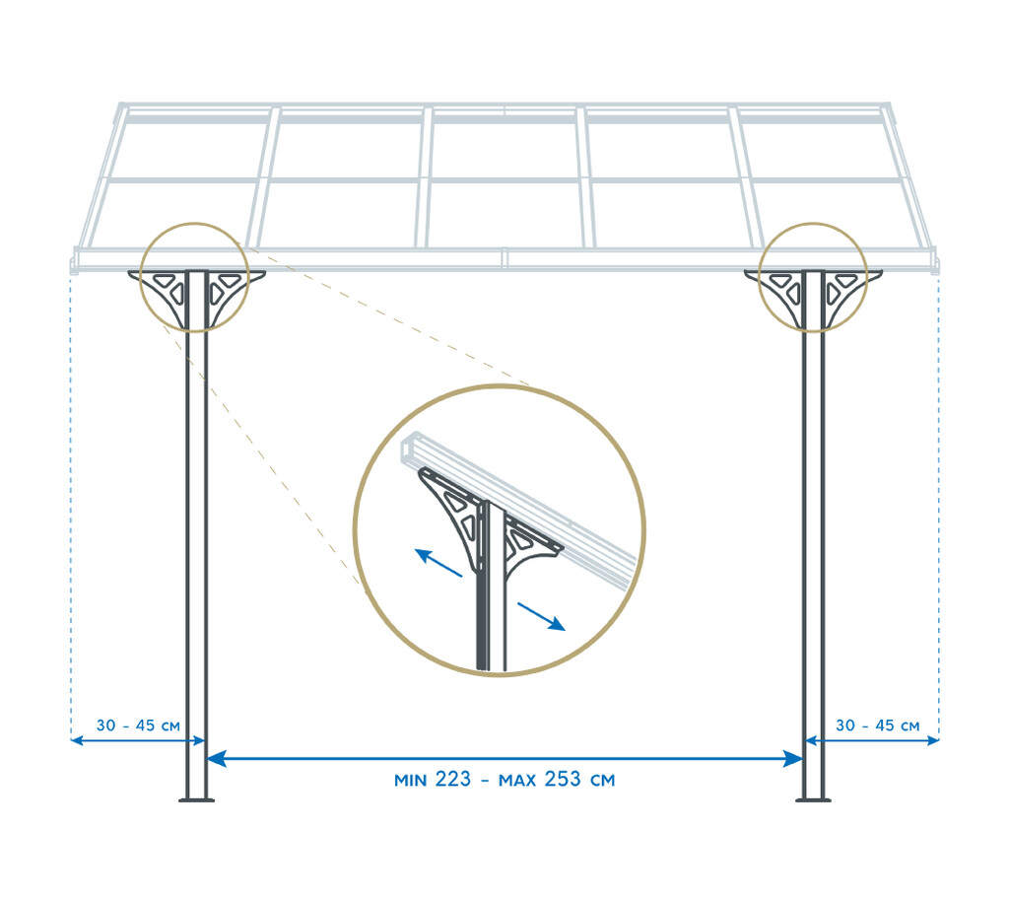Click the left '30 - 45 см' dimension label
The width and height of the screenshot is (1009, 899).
[138, 726]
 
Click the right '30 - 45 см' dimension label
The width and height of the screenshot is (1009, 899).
[877, 726]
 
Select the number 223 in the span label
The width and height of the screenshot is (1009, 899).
[453, 779]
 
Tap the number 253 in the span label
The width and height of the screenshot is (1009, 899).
[563, 779]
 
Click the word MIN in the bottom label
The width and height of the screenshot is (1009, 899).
[411, 781]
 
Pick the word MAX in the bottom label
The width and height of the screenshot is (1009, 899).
[517, 781]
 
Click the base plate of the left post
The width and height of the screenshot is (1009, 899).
[196, 800]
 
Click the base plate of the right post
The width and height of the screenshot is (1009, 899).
[813, 800]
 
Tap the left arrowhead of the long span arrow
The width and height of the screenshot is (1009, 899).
[216, 759]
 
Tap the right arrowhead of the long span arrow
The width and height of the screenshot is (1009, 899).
[793, 759]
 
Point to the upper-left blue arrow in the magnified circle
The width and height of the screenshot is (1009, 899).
[438, 562]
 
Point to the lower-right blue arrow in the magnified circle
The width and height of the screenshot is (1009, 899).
[541, 616]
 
